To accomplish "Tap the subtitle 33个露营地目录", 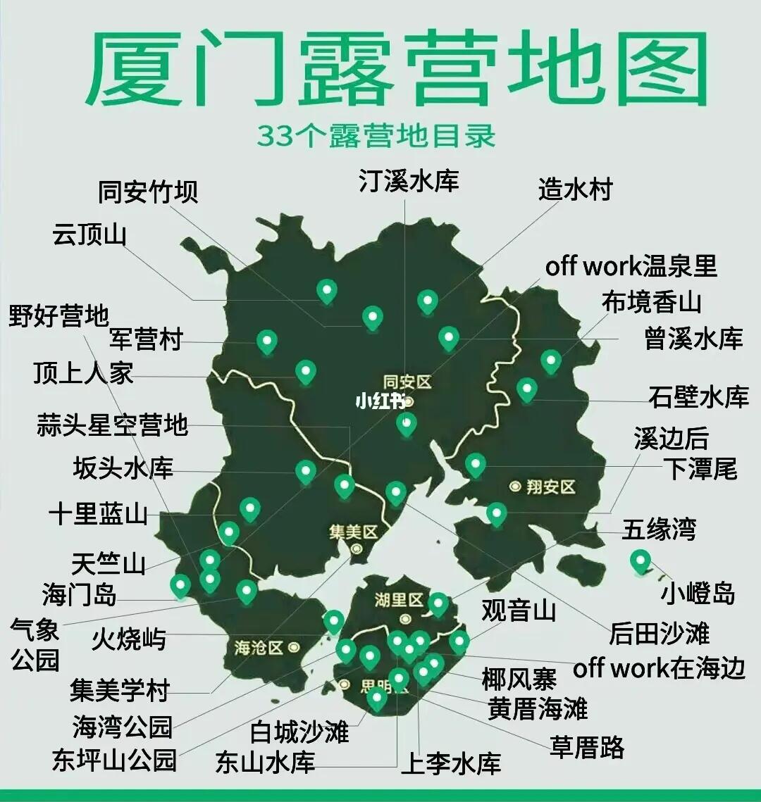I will pyautogui.click(x=376, y=136).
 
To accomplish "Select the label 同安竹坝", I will pyautogui.click(x=147, y=192).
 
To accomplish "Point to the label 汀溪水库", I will pyautogui.click(x=409, y=180).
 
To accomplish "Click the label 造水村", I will pyautogui.click(x=575, y=189).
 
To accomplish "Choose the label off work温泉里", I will pyautogui.click(x=631, y=266).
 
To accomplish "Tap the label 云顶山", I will pyautogui.click(x=89, y=234).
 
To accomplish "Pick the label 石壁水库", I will pyautogui.click(x=698, y=397).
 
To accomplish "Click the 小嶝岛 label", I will pyautogui.click(x=697, y=594).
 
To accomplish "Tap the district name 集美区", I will pyautogui.click(x=354, y=532).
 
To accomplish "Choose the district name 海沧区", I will pyautogui.click(x=259, y=646).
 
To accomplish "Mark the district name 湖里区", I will pyautogui.click(x=399, y=601).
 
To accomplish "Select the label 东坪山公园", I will pyautogui.click(x=113, y=760).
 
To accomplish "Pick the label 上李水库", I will pyautogui.click(x=451, y=763).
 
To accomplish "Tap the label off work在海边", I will pyautogui.click(x=659, y=668).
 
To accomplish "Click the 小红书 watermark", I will pyautogui.click(x=380, y=401).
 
